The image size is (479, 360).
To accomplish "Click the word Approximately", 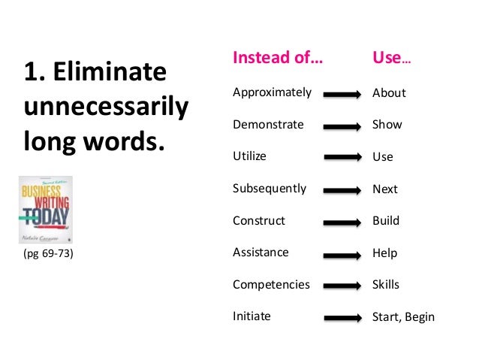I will point(272,93).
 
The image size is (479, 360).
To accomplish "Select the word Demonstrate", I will point(268,125).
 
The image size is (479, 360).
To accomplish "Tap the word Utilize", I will point(249,156).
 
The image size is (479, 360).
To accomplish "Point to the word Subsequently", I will point(270,189).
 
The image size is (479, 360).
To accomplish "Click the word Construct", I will point(259,221).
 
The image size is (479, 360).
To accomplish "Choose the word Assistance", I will point(261,253).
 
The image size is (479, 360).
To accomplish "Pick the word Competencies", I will point(271,285).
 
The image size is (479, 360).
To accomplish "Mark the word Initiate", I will point(252,316).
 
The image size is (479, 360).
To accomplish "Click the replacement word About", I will point(389,93).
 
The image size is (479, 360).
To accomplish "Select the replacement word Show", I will point(387,125).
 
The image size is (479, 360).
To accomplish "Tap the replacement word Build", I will point(386,221).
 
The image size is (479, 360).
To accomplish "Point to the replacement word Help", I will point(384,253).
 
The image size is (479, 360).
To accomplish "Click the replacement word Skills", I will point(386,285).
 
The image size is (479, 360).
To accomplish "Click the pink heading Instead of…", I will point(278,58).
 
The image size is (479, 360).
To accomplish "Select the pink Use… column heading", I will point(391,58).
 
